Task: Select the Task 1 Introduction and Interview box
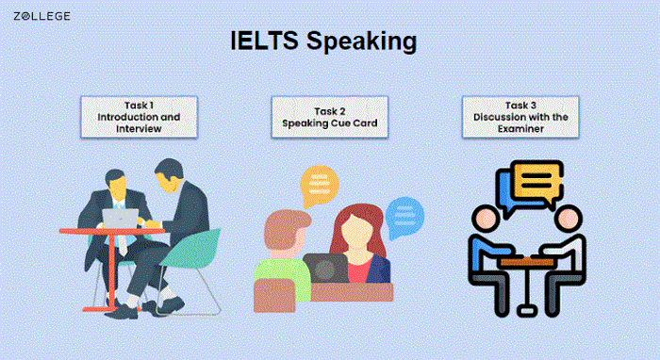[139, 117]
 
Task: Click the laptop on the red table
[121, 218]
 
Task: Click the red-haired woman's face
[352, 230]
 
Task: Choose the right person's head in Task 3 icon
[567, 219]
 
